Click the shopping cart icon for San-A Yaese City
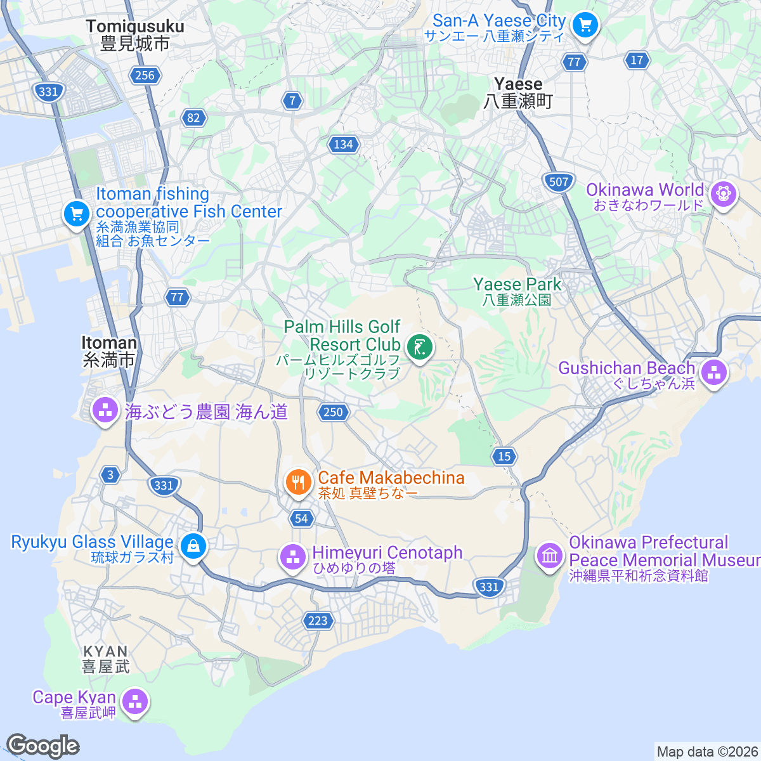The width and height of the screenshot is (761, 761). point(585,26)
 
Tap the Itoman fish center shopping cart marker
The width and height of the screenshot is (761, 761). point(77,214)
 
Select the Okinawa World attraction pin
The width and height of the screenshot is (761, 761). point(723,193)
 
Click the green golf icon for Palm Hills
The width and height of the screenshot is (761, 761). point(419,347)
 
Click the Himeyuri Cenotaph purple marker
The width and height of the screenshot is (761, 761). point(293,557)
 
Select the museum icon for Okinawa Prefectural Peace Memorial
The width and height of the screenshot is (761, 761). point(549,556)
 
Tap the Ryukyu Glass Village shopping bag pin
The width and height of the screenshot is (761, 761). point(193,545)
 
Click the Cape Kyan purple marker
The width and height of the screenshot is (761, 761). point(135,702)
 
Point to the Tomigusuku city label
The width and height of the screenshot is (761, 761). point(135,35)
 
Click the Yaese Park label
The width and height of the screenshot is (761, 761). point(517,291)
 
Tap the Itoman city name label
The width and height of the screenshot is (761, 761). point(109,351)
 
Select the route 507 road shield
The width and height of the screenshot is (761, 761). point(559,182)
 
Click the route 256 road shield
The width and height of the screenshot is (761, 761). point(145,75)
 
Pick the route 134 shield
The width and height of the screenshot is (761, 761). point(343,145)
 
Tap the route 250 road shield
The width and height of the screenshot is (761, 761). point(333,412)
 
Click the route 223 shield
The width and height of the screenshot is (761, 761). point(318,620)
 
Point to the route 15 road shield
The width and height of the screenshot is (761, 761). point(504,456)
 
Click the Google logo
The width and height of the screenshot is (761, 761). point(42,746)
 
